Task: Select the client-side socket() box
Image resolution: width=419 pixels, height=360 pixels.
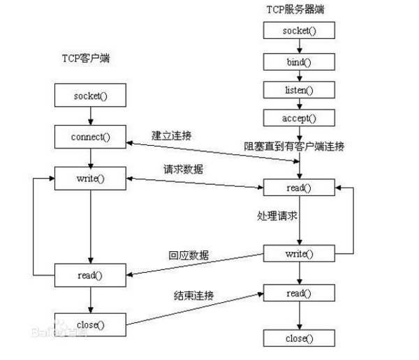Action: click(x=90, y=95)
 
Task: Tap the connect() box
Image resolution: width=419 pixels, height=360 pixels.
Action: click(x=90, y=135)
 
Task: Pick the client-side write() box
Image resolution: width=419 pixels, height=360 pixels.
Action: click(x=90, y=178)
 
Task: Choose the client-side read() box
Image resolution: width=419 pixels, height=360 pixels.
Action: click(x=90, y=274)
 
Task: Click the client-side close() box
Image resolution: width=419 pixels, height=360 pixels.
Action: click(x=90, y=324)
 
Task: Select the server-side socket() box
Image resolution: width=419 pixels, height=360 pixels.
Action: click(x=299, y=31)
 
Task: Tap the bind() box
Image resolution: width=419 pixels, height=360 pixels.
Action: click(x=299, y=61)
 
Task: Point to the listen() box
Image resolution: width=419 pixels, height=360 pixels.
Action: click(x=299, y=91)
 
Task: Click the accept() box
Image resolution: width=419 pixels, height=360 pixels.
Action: click(x=299, y=118)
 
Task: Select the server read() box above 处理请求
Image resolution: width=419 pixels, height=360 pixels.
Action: click(x=299, y=188)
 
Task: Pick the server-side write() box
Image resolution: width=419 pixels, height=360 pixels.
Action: click(x=299, y=253)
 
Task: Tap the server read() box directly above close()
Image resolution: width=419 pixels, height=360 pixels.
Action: click(x=299, y=294)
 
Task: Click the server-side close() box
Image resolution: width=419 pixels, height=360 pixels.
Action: click(x=299, y=338)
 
